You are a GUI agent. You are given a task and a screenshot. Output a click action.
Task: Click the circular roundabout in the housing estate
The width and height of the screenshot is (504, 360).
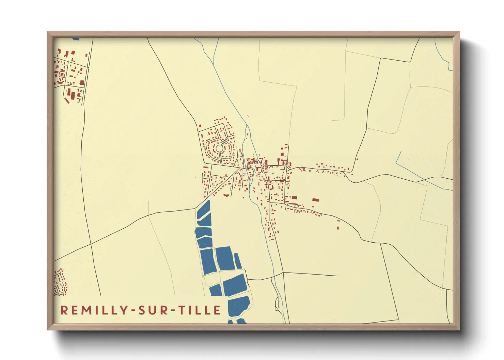coord(220,149)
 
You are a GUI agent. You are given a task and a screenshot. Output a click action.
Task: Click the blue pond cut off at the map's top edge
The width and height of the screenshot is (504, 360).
coord(76,39)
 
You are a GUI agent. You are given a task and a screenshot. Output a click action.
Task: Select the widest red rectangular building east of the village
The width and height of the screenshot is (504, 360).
coord(316,200)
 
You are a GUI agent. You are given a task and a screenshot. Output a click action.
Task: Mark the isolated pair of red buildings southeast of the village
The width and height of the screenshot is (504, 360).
coord(338,225)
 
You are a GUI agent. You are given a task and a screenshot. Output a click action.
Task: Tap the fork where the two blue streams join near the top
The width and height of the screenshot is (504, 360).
coord(214,64)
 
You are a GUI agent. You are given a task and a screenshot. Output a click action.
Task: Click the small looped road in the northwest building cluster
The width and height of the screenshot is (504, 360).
coord(62,74)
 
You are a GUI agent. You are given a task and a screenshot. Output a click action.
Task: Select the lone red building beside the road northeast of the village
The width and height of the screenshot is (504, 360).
coord(357,159)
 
